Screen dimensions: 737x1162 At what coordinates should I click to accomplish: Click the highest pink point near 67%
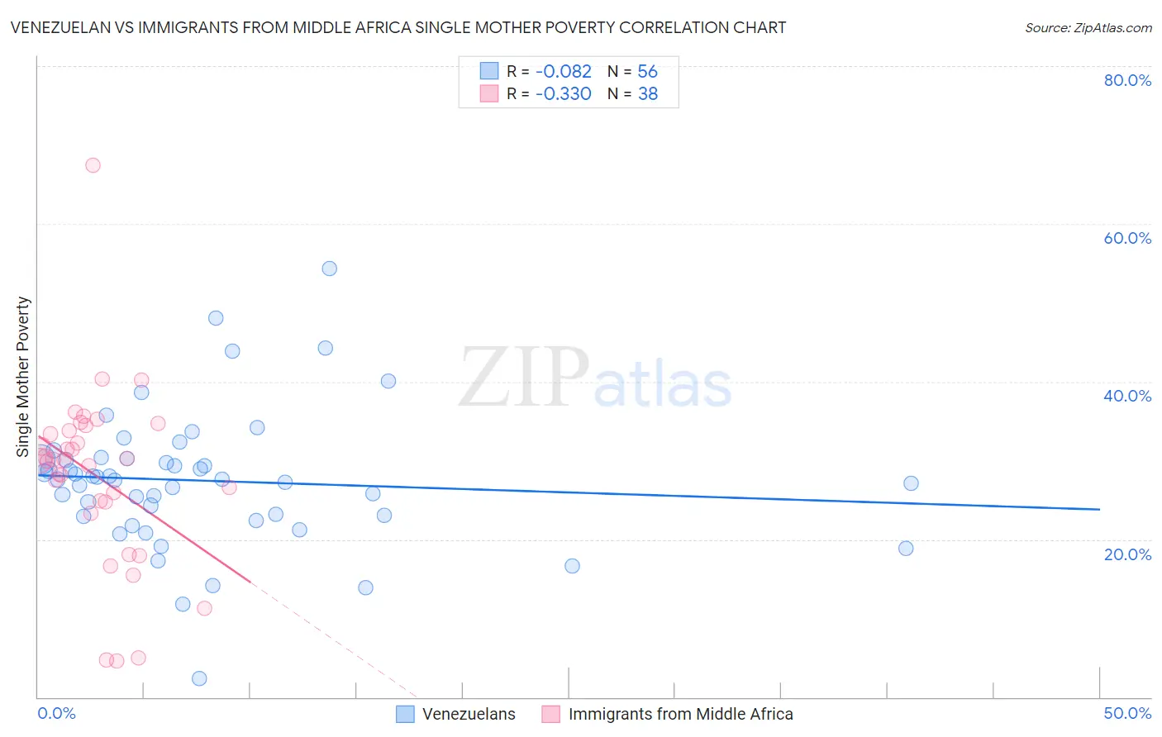click(93, 165)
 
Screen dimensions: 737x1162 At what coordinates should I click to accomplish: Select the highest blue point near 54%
click(329, 269)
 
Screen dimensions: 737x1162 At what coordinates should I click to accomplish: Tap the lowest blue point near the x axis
click(199, 678)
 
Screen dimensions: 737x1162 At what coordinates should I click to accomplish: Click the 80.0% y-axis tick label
click(1127, 80)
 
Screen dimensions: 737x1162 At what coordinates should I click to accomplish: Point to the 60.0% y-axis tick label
click(1127, 238)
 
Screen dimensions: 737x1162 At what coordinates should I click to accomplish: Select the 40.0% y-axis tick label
click(1127, 396)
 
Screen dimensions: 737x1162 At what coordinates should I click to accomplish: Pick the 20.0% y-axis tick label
click(1127, 554)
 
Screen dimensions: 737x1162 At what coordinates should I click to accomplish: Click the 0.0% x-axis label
click(57, 713)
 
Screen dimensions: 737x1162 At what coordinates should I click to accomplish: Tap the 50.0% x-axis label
click(1127, 713)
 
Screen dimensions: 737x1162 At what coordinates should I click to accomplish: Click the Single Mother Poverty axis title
click(23, 377)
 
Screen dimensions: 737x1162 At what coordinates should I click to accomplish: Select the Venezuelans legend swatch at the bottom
click(405, 714)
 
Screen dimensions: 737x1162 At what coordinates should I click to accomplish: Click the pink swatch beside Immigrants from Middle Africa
click(551, 714)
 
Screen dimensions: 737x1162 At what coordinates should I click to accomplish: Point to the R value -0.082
click(564, 72)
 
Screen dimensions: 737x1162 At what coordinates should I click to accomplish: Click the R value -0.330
click(564, 94)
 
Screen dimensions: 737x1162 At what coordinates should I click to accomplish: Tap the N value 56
click(647, 72)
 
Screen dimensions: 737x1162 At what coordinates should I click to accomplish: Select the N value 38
click(647, 94)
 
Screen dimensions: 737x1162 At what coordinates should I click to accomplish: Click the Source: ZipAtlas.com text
click(1088, 28)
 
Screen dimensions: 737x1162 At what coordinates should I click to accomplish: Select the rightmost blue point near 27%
click(911, 483)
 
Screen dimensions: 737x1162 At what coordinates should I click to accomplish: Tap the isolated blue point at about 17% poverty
click(572, 566)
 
